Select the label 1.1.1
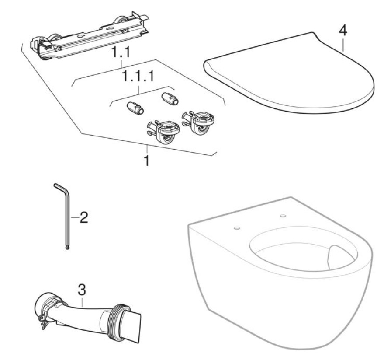tap(138, 78)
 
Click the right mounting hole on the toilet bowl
tap(283, 216)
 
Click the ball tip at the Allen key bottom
tap(67, 249)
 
